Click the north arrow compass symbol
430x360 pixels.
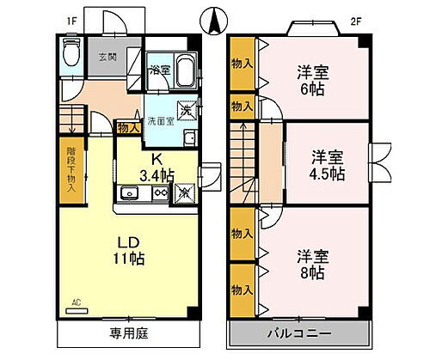click(214, 17)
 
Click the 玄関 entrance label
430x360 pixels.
click(108, 57)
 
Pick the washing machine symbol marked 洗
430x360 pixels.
click(187, 111)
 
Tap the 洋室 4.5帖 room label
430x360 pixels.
click(328, 165)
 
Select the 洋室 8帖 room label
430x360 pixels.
click(311, 264)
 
